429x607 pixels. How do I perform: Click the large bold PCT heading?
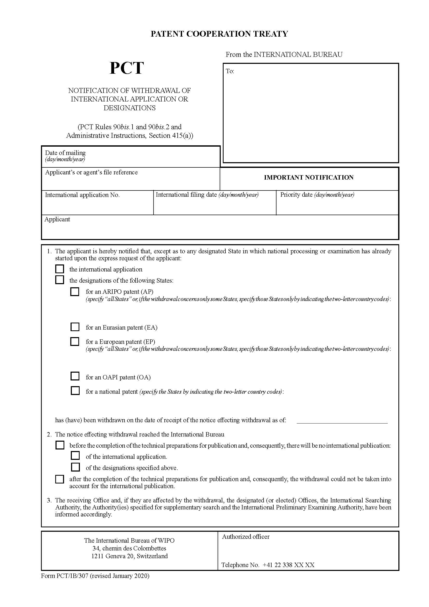127,68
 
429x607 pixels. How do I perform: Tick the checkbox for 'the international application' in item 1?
60,269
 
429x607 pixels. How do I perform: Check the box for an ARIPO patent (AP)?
75,292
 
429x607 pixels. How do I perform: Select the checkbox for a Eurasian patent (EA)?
75,327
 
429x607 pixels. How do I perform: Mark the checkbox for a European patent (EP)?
75,341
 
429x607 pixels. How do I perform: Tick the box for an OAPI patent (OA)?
75,376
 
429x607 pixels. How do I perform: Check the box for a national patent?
75,391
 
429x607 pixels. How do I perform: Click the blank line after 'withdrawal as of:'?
342,420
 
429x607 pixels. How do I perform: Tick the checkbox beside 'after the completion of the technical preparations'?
60,479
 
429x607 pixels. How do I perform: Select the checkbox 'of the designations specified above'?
75,467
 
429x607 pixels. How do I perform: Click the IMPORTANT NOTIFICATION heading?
309,178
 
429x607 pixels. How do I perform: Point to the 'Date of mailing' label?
65,153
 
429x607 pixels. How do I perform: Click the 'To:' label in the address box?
230,71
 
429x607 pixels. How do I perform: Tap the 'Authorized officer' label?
246,537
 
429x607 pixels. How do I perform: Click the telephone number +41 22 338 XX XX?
288,565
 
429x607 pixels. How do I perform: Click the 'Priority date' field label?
296,195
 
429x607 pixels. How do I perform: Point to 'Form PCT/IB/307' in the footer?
65,576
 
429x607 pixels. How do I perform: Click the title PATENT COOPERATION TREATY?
219,34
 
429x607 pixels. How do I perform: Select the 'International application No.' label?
82,195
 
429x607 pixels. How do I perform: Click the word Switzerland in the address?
152,556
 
